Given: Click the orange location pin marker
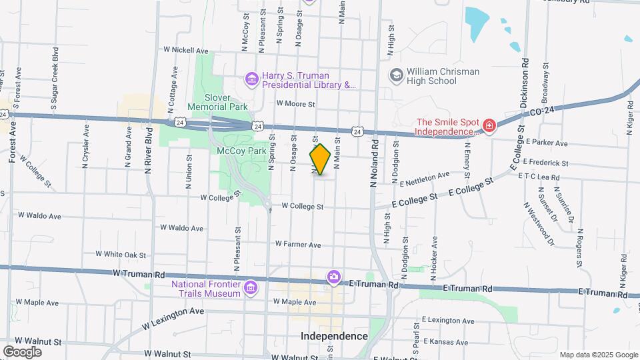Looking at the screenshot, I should pyautogui.click(x=320, y=159).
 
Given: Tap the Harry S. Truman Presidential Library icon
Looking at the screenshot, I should pyautogui.click(x=251, y=80).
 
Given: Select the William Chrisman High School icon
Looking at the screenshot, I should pyautogui.click(x=397, y=75).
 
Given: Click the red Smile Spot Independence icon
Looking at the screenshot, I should pyautogui.click(x=489, y=126).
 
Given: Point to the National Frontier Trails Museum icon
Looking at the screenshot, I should pyautogui.click(x=251, y=287).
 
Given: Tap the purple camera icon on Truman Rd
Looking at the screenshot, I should pyautogui.click(x=333, y=277).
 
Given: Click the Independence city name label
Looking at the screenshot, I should pyautogui.click(x=334, y=336).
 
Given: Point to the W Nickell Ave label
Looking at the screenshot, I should pyautogui.click(x=186, y=50).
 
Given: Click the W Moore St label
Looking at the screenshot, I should pyautogui.click(x=295, y=104).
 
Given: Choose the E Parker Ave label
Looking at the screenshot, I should pyautogui.click(x=546, y=143).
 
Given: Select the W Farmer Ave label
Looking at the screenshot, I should pyautogui.click(x=297, y=245).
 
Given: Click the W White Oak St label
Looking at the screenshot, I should pyautogui.click(x=121, y=254).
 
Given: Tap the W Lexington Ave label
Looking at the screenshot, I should pyautogui.click(x=173, y=319).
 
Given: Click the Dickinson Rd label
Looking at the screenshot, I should pyautogui.click(x=525, y=83).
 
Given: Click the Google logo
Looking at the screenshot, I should pyautogui.click(x=22, y=351).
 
